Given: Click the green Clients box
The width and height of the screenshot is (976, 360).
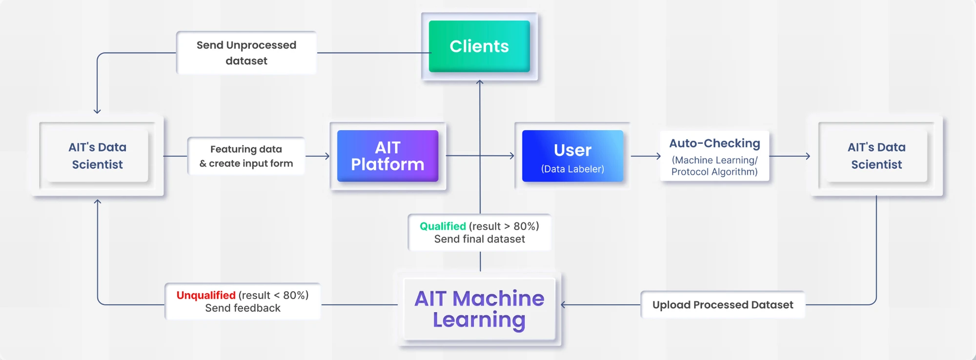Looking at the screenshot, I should (479, 46).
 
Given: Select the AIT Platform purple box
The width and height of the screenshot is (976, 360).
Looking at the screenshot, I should (387, 156).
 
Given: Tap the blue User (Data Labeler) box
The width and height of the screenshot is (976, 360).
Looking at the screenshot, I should (572, 156).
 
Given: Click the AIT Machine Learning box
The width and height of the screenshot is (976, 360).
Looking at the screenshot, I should (479, 308).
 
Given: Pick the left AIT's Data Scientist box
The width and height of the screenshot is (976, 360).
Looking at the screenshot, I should (97, 156).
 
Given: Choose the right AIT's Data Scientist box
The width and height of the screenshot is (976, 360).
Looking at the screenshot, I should (876, 156).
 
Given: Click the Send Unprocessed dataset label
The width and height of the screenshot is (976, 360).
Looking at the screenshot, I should (246, 53).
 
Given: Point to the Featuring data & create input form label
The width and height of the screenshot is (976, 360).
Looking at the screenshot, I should (246, 156).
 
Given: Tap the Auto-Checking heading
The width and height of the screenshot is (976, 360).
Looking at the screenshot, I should (714, 143).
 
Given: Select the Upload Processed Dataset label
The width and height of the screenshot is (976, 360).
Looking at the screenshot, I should (723, 305).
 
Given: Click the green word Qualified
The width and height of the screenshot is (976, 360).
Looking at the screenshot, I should (443, 226).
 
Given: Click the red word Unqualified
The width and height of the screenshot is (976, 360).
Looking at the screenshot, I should (206, 295).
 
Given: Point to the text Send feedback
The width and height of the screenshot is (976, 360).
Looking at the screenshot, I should (243, 308).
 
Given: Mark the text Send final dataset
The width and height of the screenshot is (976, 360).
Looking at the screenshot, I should (479, 239).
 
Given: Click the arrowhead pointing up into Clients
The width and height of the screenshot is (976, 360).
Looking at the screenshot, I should (480, 82).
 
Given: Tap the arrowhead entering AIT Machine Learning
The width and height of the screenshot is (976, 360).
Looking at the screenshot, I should (564, 305).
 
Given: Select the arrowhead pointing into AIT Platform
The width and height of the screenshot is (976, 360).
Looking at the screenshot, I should (327, 156).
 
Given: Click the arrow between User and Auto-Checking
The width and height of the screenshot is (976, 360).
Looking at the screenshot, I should (646, 156).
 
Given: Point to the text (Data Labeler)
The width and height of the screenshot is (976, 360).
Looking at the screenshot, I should (572, 169).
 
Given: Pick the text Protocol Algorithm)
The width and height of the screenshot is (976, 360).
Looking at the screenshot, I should (714, 172).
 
